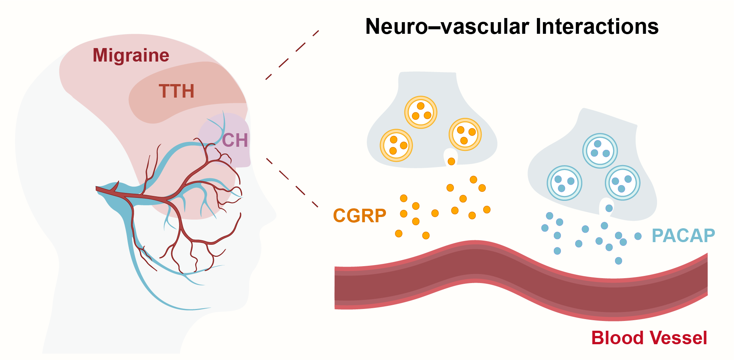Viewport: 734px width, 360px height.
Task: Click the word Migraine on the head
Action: [131, 56]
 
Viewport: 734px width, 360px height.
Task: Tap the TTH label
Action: [176, 91]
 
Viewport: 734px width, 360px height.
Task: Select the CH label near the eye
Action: [235, 140]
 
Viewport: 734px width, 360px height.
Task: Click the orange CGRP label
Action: [359, 216]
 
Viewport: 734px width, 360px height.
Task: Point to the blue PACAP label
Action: [683, 236]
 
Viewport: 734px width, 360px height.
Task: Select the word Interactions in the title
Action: [597, 26]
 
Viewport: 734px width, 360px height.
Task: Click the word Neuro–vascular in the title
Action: [447, 26]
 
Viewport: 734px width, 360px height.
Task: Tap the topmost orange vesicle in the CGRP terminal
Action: [421, 112]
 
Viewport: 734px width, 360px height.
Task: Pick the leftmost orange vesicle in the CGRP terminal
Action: [396, 145]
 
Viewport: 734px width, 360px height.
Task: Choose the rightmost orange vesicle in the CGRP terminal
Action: [465, 134]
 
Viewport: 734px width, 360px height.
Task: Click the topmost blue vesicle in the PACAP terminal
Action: [600, 151]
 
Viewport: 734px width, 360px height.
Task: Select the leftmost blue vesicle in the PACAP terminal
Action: [564, 183]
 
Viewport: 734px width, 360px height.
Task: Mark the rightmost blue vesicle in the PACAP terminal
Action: [622, 183]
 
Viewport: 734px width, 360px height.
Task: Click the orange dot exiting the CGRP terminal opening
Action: [451, 161]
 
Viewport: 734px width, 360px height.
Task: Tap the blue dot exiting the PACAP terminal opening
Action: [609, 208]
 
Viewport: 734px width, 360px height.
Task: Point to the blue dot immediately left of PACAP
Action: [638, 236]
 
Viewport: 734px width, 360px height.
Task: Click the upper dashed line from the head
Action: [292, 55]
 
